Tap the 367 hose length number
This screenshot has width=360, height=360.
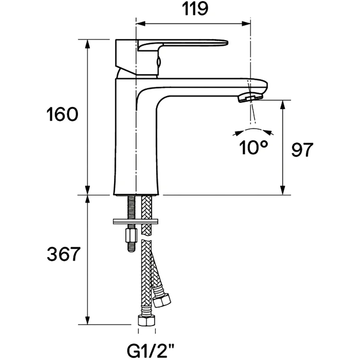pyautogui.click(x=64, y=254)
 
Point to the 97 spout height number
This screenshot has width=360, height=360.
pyautogui.click(x=302, y=150)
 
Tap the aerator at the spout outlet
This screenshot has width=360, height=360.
pyautogui.click(x=250, y=98)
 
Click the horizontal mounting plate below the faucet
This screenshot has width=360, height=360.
pyautogui.click(x=135, y=221)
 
